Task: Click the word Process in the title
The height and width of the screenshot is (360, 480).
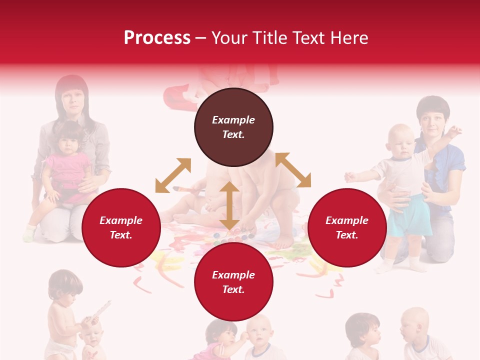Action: click(157, 38)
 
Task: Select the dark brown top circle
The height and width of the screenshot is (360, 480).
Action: click(233, 127)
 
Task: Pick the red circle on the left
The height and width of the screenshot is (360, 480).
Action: click(121, 227)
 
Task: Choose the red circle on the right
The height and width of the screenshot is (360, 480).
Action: click(347, 227)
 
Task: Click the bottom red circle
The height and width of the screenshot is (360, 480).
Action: click(233, 282)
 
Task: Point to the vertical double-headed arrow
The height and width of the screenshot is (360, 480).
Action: click(229, 206)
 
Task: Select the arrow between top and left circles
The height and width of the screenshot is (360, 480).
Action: click(173, 175)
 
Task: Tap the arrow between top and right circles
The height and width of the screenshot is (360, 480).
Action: click(293, 170)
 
